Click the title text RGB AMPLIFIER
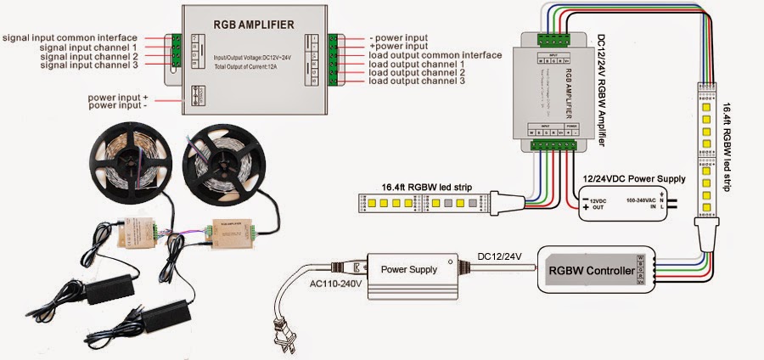pyautogui.click(x=250, y=25)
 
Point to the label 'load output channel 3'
pyautogui.click(x=418, y=81)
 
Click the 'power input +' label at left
pyautogui.click(x=117, y=97)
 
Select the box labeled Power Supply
pyautogui.click(x=410, y=269)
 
